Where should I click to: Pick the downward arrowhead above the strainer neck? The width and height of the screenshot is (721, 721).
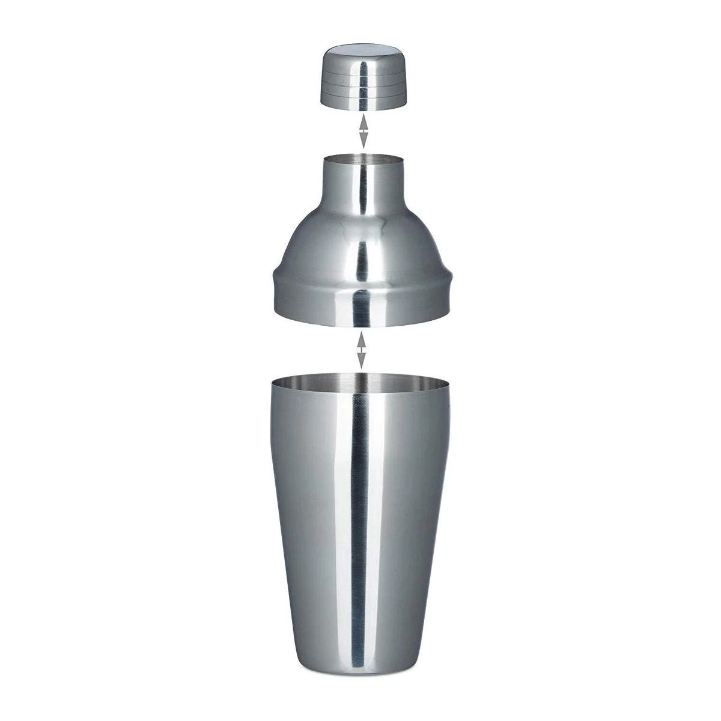(x=363, y=142)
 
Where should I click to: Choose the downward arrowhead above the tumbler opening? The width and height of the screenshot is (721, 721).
(x=361, y=362)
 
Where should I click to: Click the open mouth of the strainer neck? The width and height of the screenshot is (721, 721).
(x=362, y=160)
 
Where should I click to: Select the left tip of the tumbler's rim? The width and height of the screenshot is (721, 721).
(x=272, y=383)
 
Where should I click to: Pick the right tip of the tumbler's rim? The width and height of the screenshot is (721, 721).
(x=448, y=383)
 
